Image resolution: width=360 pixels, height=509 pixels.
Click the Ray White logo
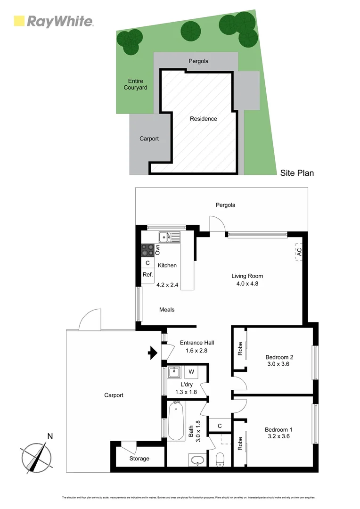[x=53, y=21]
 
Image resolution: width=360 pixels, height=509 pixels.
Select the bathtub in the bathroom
[x=176, y=420]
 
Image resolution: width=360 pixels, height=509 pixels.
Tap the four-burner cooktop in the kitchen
[x=147, y=249]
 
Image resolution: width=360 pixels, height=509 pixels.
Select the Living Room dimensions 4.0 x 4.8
[x=247, y=284]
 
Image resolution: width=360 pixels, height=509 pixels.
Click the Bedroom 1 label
[x=278, y=429]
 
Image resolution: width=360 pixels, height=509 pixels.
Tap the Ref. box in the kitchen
[x=147, y=274]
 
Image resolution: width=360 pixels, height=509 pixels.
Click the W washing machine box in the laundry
[x=191, y=372]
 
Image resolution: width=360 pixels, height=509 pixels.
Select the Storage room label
[x=139, y=459]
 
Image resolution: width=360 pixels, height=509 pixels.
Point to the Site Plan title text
[x=297, y=173]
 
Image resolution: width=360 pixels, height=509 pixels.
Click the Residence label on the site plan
[x=204, y=119]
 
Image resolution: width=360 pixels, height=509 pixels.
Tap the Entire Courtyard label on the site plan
[x=135, y=84]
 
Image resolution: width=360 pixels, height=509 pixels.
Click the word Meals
[x=167, y=310]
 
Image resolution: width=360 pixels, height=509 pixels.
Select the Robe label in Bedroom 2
[x=240, y=348]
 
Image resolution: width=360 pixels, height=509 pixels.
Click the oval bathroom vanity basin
[x=196, y=460]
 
